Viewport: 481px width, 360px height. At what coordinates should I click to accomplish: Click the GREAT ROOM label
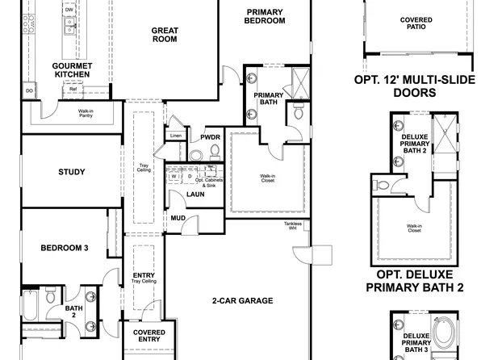click(165, 36)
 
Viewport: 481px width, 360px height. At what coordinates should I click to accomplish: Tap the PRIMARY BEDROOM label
click(265, 17)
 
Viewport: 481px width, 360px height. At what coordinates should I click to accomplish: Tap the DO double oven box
click(29, 91)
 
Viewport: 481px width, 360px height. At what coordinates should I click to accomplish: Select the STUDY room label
click(72, 171)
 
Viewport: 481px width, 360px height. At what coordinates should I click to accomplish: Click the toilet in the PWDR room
click(213, 151)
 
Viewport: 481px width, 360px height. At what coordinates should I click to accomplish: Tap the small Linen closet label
click(174, 136)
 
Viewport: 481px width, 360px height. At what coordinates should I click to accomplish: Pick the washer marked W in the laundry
click(174, 176)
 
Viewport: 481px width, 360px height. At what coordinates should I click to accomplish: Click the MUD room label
click(178, 218)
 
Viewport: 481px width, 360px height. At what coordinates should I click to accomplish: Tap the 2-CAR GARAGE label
click(242, 300)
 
